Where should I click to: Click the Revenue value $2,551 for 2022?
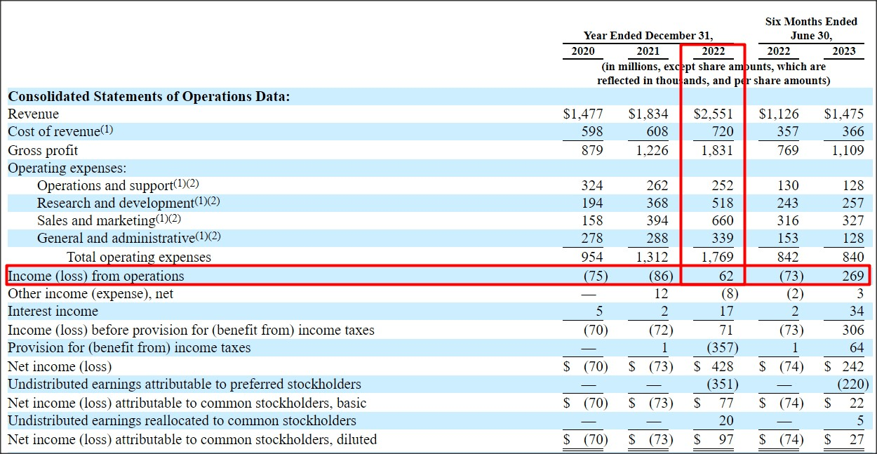tap(714, 114)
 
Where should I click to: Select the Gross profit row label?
tap(43, 150)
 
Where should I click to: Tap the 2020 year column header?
tap(583, 51)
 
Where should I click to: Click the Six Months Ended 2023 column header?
tap(844, 51)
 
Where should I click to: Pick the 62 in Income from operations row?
tap(726, 276)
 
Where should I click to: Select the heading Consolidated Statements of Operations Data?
tap(149, 97)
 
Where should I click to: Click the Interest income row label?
tap(53, 312)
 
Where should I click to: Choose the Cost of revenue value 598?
tap(592, 132)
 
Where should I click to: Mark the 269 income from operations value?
tap(852, 276)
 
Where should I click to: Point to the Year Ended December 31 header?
tap(648, 35)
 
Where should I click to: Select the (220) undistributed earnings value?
tap(852, 385)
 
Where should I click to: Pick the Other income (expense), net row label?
tap(91, 293)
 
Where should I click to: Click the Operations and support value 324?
tap(592, 186)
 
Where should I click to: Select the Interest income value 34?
tap(857, 312)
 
